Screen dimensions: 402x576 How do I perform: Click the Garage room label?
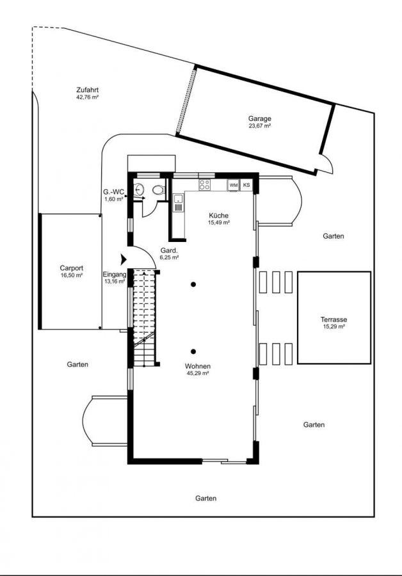point(259,118)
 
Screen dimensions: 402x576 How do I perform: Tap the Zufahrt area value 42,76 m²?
point(88,97)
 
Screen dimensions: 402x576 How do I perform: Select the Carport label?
point(71,268)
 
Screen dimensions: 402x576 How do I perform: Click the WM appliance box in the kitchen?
point(234,185)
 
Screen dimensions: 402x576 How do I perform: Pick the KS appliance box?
point(246,185)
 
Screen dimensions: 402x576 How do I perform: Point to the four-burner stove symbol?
point(205,185)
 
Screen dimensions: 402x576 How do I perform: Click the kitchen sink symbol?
point(178,203)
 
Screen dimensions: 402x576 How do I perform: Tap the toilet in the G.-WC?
point(159,190)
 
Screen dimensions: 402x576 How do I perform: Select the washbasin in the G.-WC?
point(140,189)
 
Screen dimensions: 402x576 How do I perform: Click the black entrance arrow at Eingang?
point(124,259)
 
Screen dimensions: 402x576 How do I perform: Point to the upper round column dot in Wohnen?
point(193,284)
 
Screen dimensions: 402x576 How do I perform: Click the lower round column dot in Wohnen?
point(193,351)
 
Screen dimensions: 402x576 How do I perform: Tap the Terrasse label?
point(334,319)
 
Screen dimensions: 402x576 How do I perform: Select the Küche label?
point(219,216)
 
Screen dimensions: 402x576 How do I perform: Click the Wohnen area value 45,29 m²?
point(198,373)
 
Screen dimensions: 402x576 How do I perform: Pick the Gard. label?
point(169,251)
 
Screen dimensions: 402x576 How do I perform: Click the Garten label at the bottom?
point(205,499)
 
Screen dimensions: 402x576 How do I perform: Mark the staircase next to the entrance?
point(144,318)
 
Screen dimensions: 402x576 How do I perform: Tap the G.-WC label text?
point(113,192)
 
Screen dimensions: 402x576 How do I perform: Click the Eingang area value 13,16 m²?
point(115,282)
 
